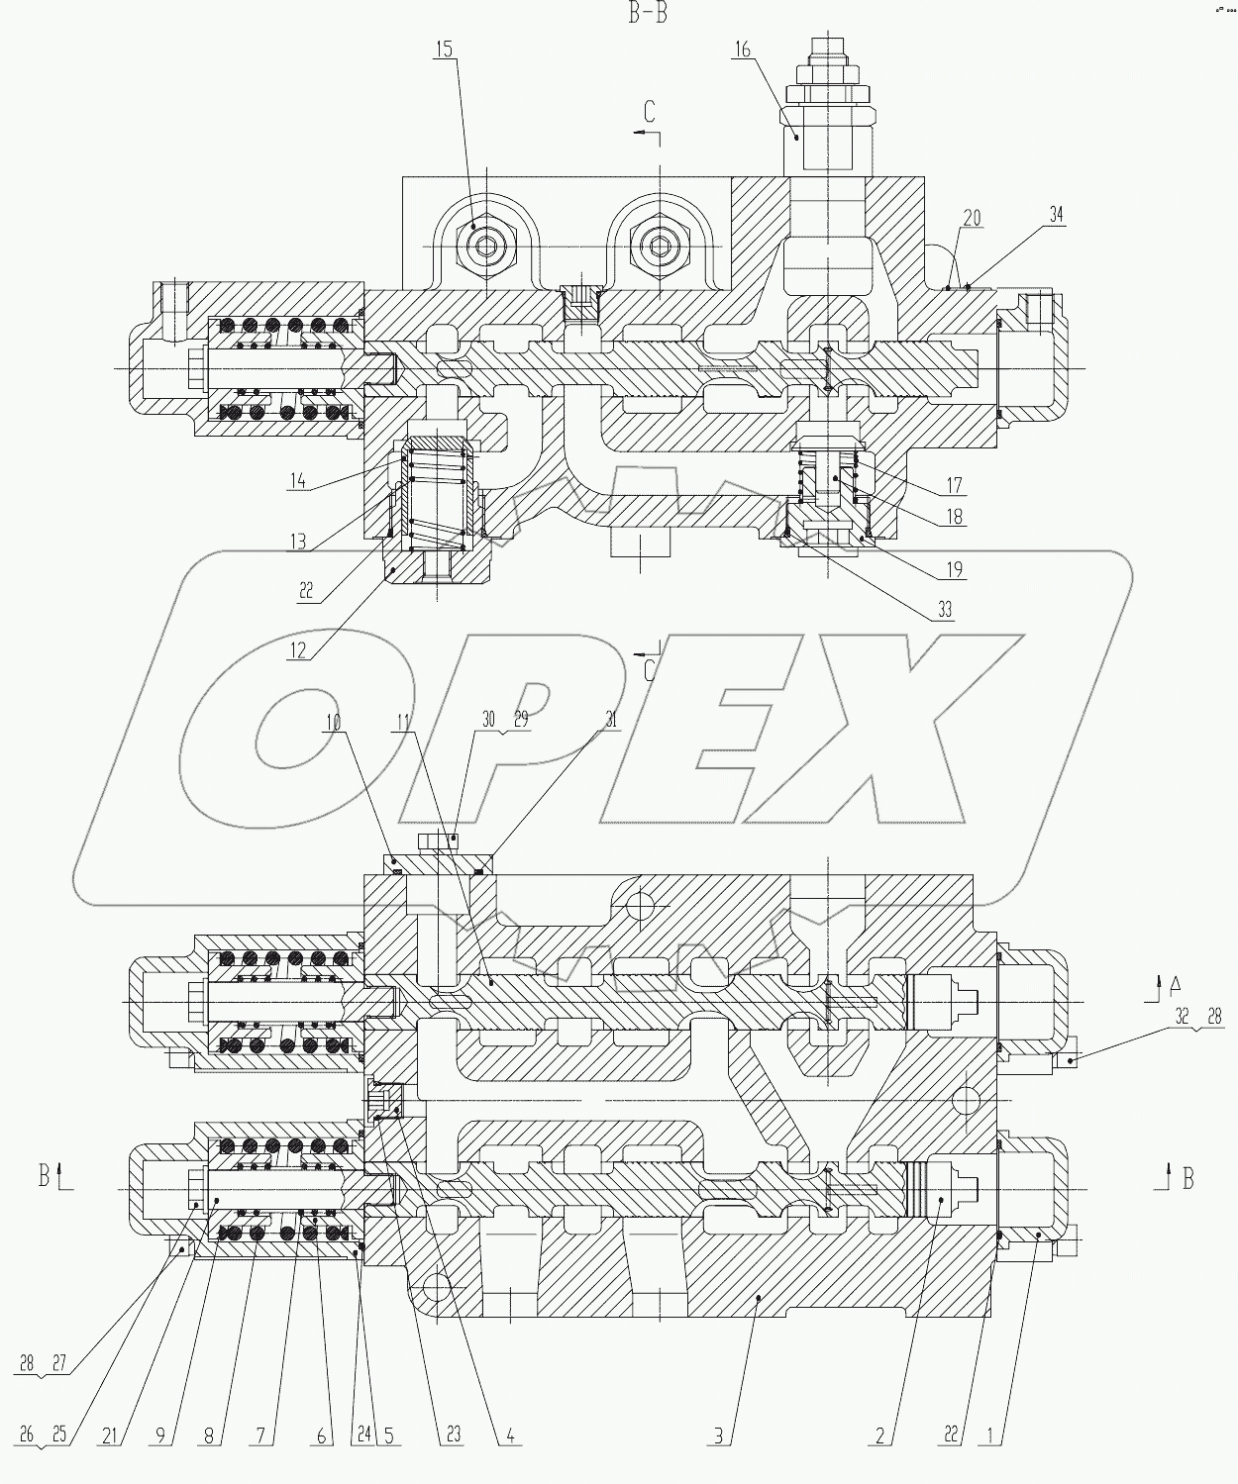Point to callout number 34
(1057, 215)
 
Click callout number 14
(298, 482)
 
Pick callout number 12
(298, 650)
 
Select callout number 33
(944, 610)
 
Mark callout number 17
(955, 485)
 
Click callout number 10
(334, 723)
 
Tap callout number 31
(611, 721)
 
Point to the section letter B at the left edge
(45, 1175)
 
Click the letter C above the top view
(650, 112)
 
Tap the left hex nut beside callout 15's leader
(485, 244)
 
